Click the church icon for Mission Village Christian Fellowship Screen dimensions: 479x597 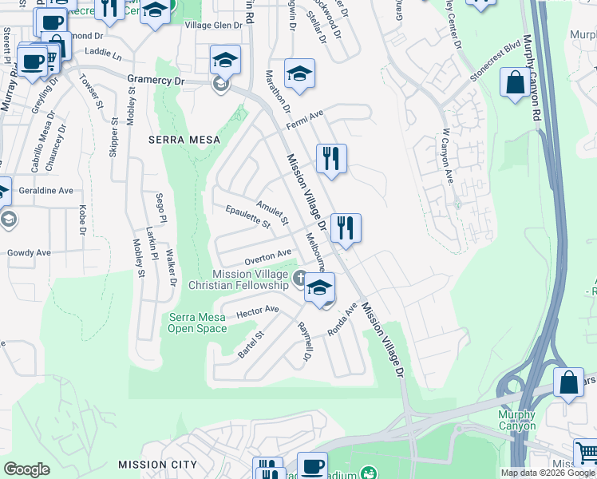(x=299, y=279)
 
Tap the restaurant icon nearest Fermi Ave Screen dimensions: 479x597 (x=330, y=158)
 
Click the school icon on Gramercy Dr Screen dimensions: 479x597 (x=225, y=61)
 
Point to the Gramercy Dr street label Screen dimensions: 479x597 (x=156, y=81)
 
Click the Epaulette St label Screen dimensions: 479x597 (x=248, y=216)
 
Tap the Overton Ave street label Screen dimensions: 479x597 (x=267, y=256)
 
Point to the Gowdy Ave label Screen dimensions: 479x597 (x=29, y=253)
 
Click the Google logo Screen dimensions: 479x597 (x=26, y=469)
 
